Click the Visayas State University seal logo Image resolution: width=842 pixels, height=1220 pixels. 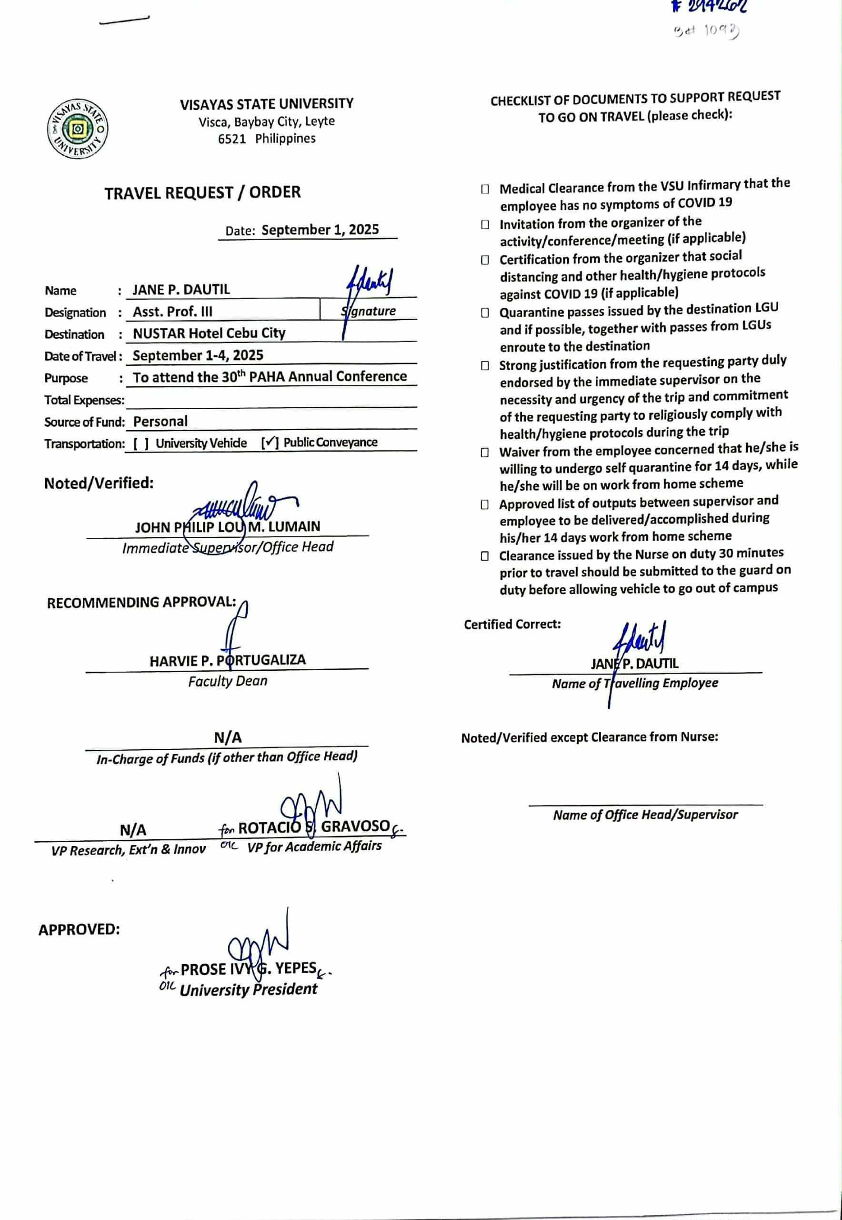coord(78,129)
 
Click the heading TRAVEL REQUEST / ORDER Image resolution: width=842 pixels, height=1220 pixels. coord(202,192)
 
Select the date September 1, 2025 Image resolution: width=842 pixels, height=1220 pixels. coord(320,230)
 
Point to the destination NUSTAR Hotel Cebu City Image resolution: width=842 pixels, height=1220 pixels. coord(209,333)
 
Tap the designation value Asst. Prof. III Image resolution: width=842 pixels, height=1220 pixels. coord(172,312)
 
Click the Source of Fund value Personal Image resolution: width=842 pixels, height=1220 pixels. coord(160,422)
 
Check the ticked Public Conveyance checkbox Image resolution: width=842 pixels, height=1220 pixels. coord(270,443)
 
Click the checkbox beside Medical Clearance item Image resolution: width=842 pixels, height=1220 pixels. coord(485,189)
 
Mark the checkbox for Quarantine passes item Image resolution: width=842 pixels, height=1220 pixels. coord(485,313)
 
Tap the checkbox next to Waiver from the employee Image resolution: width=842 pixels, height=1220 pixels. coord(485,453)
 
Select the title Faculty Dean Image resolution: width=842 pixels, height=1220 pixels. coord(228,681)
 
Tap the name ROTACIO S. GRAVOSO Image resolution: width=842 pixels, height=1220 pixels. coord(314,827)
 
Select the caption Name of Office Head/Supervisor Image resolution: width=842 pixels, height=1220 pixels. coord(645,815)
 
